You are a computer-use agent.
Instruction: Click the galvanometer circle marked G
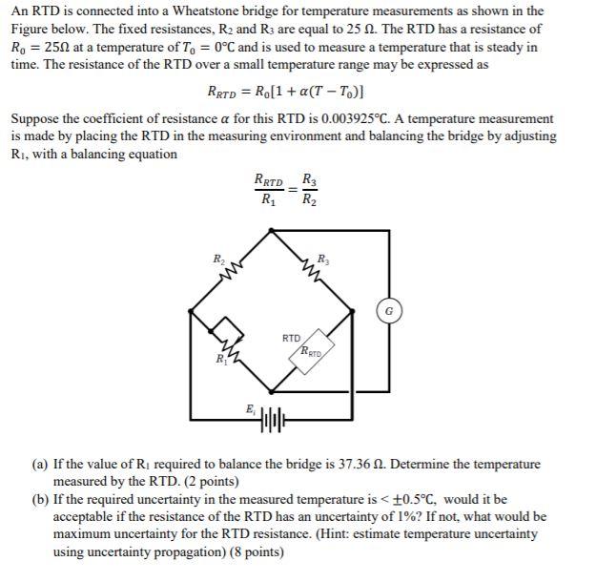click(389, 311)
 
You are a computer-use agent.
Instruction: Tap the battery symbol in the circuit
click(273, 419)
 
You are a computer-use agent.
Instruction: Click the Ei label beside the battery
click(250, 408)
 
